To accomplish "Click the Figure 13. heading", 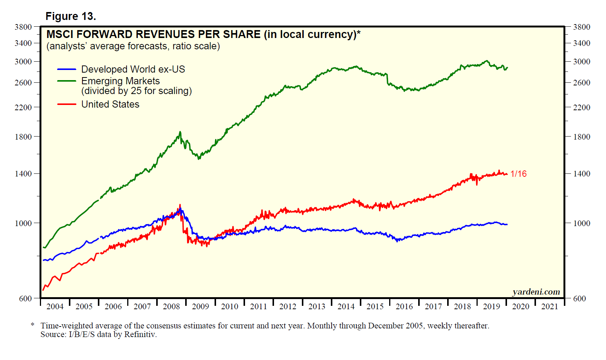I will (x=71, y=16).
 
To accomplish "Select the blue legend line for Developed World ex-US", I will (x=67, y=69).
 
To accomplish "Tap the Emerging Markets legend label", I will (x=120, y=81).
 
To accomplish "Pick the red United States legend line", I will (x=67, y=104).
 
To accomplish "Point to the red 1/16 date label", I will (x=518, y=174).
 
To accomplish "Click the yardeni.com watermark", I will (x=536, y=292).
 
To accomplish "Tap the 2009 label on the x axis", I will (x=200, y=307).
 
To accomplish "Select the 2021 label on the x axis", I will (x=550, y=307).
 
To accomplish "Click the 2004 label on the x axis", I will (x=55, y=307).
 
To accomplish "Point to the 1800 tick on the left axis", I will (x=23, y=137).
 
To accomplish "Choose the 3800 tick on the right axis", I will (x=582, y=27).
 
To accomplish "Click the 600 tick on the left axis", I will (x=26, y=299).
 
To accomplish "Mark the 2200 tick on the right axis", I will (x=582, y=108).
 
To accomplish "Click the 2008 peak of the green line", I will (x=180, y=132).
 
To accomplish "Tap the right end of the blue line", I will (x=507, y=225).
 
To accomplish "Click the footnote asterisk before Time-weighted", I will (x=33, y=325).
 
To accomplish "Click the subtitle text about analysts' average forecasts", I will (x=133, y=46).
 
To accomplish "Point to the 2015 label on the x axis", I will (x=375, y=307).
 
